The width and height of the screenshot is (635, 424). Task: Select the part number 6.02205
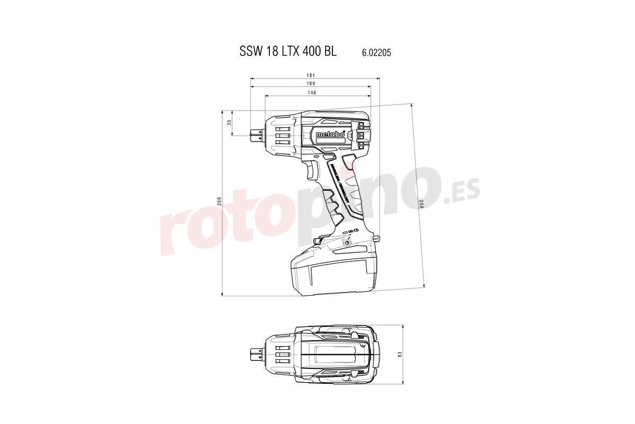[x=376, y=52]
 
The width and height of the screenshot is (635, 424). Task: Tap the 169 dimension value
[x=311, y=84]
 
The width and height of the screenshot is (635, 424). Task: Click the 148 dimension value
[x=311, y=93]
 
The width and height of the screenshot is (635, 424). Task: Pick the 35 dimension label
[x=229, y=122]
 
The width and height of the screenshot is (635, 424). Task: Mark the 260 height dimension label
[x=219, y=201]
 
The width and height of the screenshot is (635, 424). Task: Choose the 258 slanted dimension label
[x=421, y=204]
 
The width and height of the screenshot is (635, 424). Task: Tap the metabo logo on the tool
[x=330, y=135]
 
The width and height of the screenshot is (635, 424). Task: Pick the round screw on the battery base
[x=347, y=242]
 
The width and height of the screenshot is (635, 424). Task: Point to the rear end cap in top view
[x=377, y=354]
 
